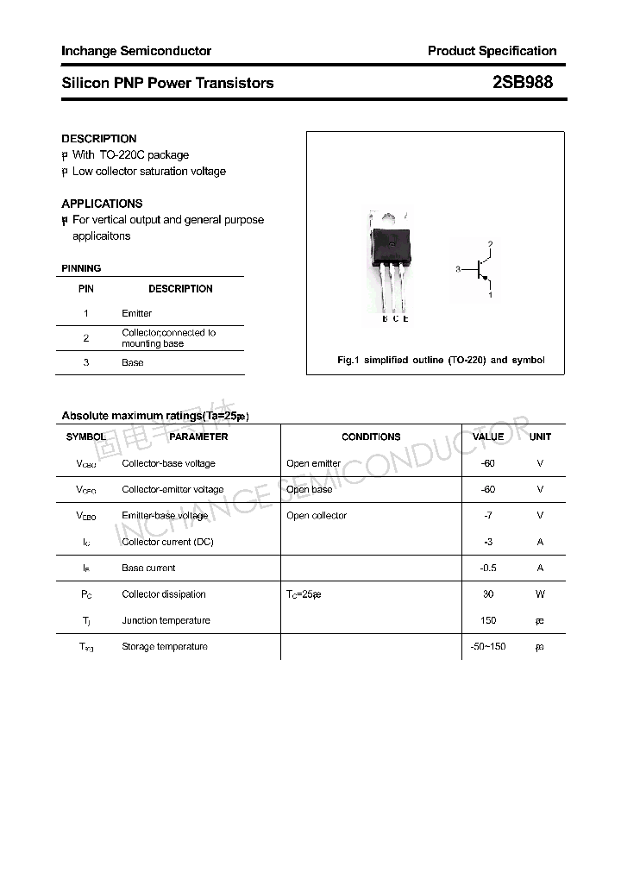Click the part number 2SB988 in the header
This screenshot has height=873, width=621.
(522, 83)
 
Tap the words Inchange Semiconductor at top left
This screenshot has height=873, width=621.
(136, 51)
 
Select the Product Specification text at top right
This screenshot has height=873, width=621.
(492, 51)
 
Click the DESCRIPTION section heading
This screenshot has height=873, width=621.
(98, 138)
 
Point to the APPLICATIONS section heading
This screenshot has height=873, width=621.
(102, 204)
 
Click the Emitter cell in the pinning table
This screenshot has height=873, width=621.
(136, 313)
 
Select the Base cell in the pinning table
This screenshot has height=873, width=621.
(132, 362)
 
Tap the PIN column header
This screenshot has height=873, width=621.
(86, 289)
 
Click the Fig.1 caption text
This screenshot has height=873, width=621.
(440, 360)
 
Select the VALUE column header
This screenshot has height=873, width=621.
(488, 436)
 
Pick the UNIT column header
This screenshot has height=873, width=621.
(540, 436)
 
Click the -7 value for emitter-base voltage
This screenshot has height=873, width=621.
(488, 516)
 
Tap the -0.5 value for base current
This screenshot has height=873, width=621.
(488, 568)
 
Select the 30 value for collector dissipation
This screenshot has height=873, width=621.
(488, 594)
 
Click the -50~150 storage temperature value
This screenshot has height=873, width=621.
(488, 646)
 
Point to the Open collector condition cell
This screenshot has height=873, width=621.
(317, 516)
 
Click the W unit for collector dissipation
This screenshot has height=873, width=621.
(540, 594)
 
